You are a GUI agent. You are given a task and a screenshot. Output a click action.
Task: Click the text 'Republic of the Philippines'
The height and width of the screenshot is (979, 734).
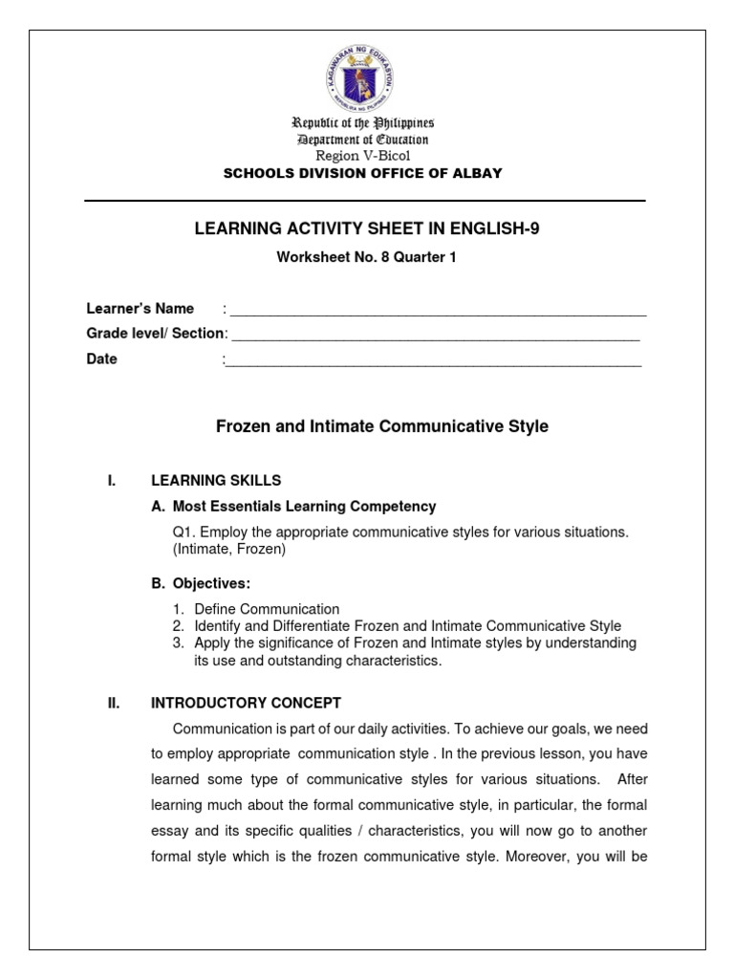363,123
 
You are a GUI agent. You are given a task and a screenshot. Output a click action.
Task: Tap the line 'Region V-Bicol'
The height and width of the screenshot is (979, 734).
362,156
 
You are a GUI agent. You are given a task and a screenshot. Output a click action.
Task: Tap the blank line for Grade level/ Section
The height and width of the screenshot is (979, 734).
435,335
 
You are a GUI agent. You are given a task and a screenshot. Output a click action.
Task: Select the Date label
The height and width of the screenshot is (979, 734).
102,359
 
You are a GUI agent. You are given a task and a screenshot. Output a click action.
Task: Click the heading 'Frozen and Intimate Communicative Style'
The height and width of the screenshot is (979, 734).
382,426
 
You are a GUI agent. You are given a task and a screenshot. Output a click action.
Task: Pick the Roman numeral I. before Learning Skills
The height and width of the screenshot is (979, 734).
111,480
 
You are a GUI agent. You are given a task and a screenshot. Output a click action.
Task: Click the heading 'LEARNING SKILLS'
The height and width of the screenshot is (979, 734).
216,480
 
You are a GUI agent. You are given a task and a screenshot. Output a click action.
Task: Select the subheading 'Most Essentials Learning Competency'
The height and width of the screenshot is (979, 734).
304,507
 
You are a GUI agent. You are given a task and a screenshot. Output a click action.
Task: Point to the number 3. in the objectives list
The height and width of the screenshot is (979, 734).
179,643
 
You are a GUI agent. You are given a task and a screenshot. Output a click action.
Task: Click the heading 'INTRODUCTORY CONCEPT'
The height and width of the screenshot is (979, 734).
246,703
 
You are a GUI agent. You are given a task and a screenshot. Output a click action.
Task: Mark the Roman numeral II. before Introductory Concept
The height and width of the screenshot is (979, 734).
113,703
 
